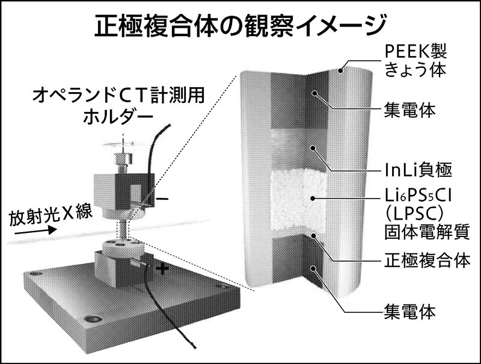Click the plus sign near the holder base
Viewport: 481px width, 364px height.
point(161,270)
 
